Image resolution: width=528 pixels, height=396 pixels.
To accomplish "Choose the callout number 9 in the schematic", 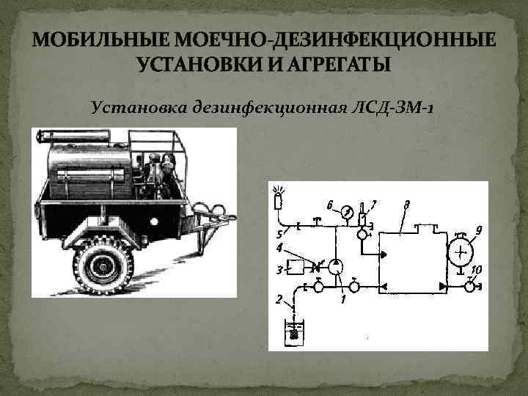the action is click(478, 230).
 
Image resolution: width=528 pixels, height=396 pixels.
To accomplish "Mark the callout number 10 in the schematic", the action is click(476, 270).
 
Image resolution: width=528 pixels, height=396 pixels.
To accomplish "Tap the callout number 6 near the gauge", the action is click(329, 203).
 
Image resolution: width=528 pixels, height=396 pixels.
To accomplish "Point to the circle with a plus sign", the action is click(460, 253).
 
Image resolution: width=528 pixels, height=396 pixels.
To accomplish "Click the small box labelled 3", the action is click(298, 265).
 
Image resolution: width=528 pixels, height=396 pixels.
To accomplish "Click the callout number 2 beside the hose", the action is click(278, 299).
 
